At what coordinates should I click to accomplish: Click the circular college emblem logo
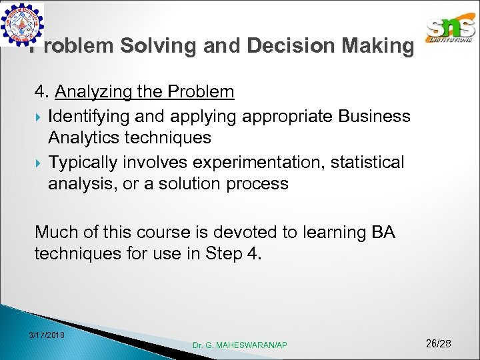(x=23, y=25)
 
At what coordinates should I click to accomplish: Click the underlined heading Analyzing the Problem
(x=145, y=91)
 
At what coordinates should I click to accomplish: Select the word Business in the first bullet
(x=375, y=116)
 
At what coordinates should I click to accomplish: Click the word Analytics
(x=86, y=138)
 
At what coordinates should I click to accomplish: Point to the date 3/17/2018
(x=47, y=334)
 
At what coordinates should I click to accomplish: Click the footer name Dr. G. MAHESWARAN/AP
(x=240, y=345)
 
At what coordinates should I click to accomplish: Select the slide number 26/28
(x=438, y=343)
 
